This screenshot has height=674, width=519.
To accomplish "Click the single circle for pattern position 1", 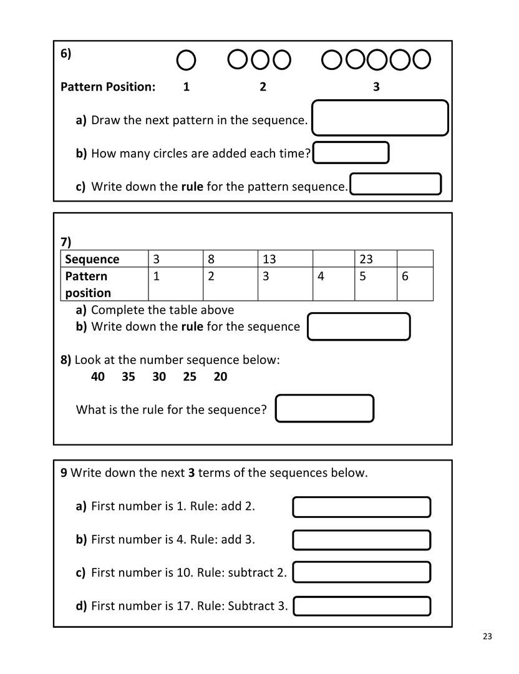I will [x=187, y=60].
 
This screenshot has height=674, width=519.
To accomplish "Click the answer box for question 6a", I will [x=380, y=118].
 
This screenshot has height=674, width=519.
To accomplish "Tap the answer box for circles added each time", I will [x=351, y=153].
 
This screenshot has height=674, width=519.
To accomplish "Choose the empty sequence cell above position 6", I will [x=414, y=259].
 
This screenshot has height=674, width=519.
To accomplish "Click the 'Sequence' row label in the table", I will [x=92, y=259].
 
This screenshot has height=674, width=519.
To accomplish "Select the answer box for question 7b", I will [x=359, y=326].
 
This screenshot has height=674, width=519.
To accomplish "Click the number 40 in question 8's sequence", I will [x=98, y=376].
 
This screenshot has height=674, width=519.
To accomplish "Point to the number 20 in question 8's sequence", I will [x=220, y=376].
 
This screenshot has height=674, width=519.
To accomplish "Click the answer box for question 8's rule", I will [x=324, y=409].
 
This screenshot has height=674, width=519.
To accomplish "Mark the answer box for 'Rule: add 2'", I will [x=362, y=507].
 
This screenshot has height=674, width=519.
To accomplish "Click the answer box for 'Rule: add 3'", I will [x=362, y=540].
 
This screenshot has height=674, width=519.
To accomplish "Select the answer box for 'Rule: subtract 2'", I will [x=362, y=572].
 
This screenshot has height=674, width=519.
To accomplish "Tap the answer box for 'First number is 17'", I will [x=362, y=606].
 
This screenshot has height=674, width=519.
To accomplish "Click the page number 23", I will [x=487, y=637].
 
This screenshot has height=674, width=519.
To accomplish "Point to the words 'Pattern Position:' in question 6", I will [x=108, y=87].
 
